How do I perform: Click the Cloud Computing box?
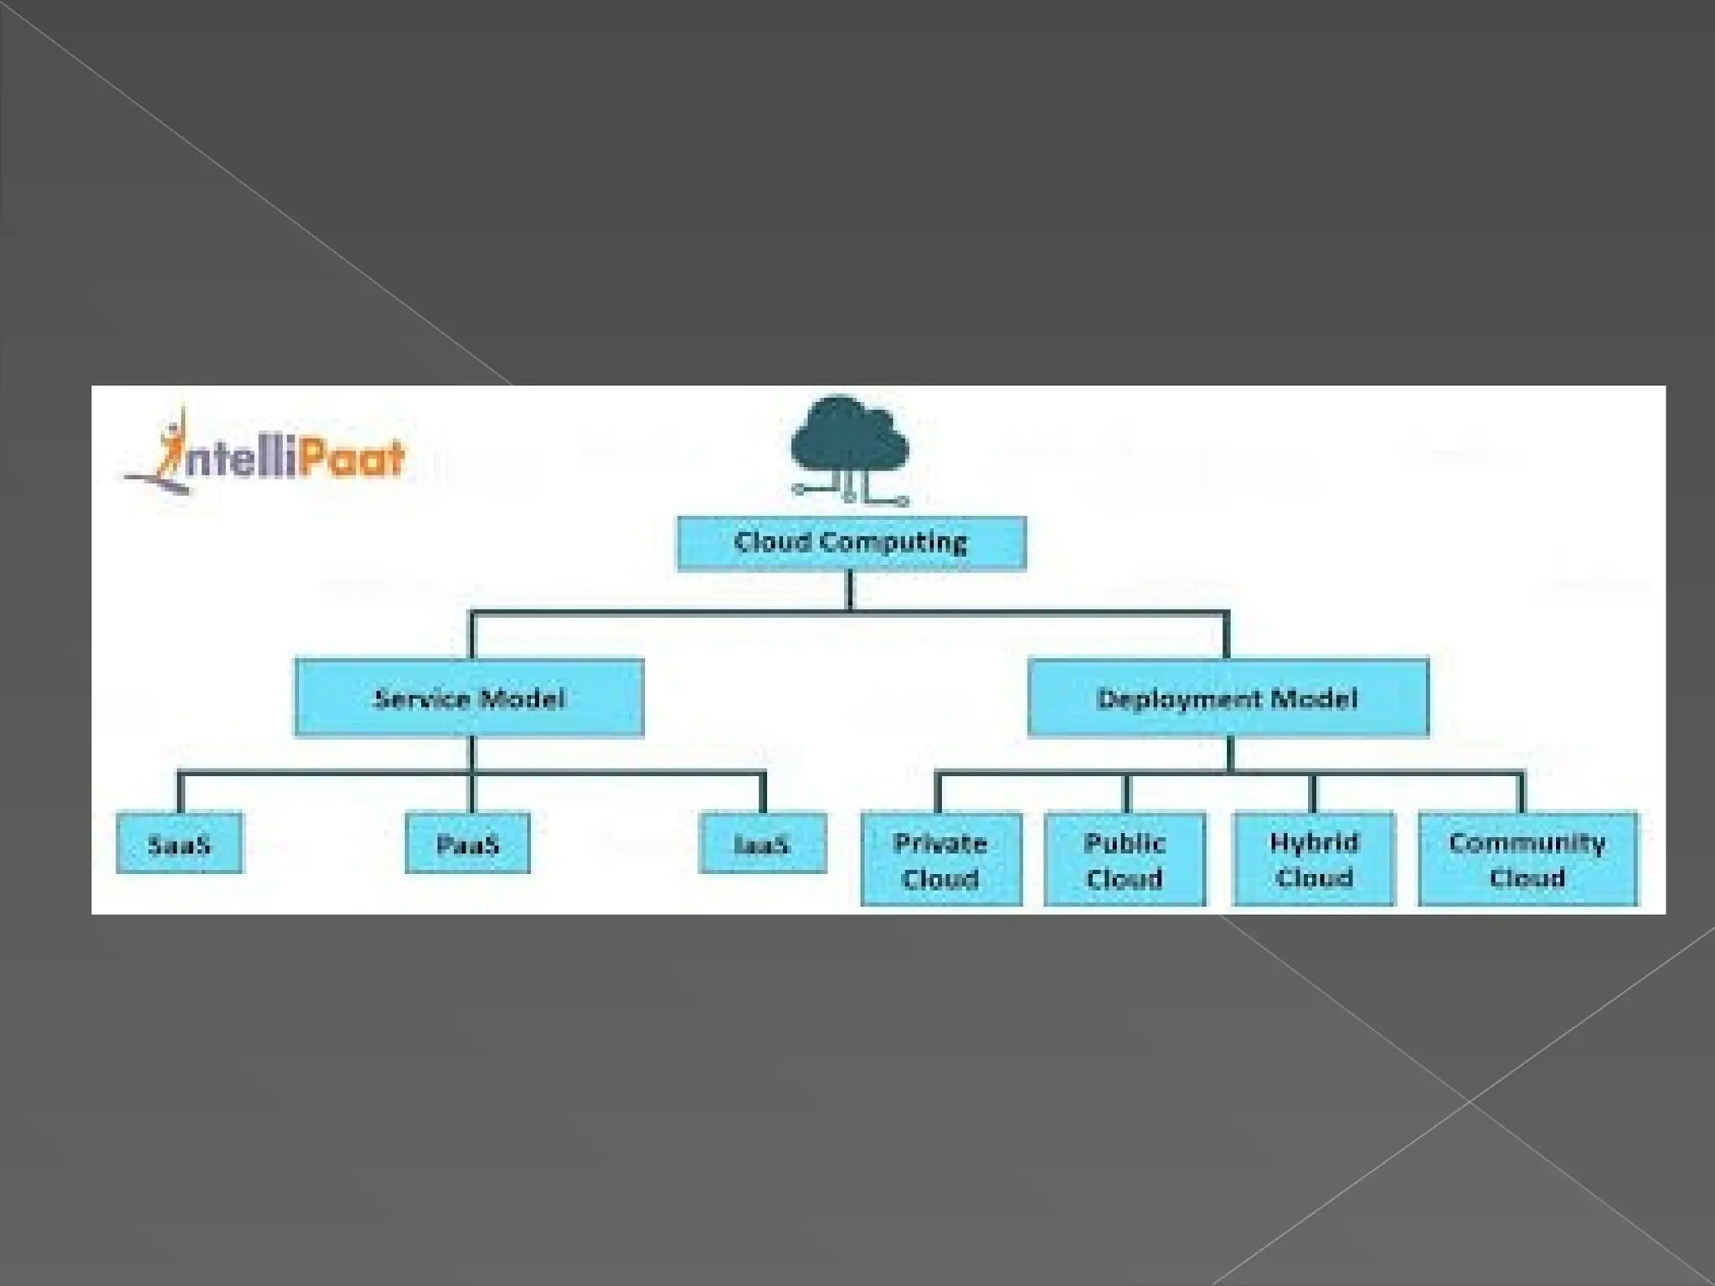pyautogui.click(x=851, y=543)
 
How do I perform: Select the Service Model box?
pyautogui.click(x=469, y=697)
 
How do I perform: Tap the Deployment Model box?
pyautogui.click(x=1228, y=697)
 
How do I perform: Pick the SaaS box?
pyautogui.click(x=179, y=843)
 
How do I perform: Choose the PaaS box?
pyautogui.click(x=467, y=843)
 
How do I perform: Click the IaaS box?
pyautogui.click(x=762, y=843)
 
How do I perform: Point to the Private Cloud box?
pyautogui.click(x=940, y=859)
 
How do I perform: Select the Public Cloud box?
pyautogui.click(x=1125, y=859)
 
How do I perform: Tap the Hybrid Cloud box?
pyautogui.click(x=1314, y=859)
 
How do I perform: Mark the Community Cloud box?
pyautogui.click(x=1527, y=859)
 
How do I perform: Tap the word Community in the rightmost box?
pyautogui.click(x=1527, y=842)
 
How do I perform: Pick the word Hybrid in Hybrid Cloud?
pyautogui.click(x=1314, y=842)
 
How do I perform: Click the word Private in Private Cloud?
pyautogui.click(x=940, y=842)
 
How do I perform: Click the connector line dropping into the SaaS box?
pyautogui.click(x=180, y=794)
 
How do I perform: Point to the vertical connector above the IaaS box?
pyautogui.click(x=763, y=794)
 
